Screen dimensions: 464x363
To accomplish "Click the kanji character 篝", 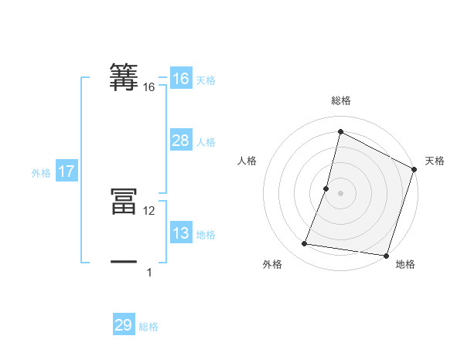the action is [x=124, y=77].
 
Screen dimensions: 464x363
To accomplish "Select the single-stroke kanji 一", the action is [x=124, y=262].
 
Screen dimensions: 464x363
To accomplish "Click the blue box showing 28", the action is [x=180, y=141].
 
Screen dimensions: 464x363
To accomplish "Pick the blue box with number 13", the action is [x=180, y=233].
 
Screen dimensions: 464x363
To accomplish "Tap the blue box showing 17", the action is [x=67, y=171].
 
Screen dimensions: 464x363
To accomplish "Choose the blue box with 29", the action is [x=123, y=325].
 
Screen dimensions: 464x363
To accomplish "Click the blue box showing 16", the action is [x=180, y=79].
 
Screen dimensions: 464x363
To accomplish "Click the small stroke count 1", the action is [x=149, y=273].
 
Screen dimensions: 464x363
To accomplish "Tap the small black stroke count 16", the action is [x=149, y=88].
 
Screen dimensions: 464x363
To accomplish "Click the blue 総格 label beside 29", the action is [x=148, y=327].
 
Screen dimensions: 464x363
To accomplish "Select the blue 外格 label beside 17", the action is [x=41, y=173].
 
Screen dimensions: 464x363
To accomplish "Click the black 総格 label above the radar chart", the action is [x=340, y=100].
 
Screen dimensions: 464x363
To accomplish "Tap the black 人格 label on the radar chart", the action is [x=247, y=161].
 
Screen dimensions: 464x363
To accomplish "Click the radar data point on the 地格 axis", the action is [x=385, y=256].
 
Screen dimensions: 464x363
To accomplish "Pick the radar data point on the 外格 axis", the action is [x=305, y=244].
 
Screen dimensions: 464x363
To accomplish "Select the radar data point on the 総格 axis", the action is [x=340, y=131].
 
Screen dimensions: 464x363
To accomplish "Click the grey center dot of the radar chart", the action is [x=340, y=193].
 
